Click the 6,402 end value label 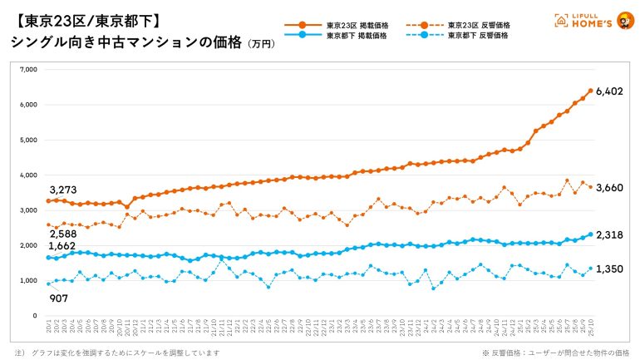click(x=611, y=91)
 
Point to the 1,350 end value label click(x=611, y=269)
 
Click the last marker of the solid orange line click(x=590, y=91)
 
